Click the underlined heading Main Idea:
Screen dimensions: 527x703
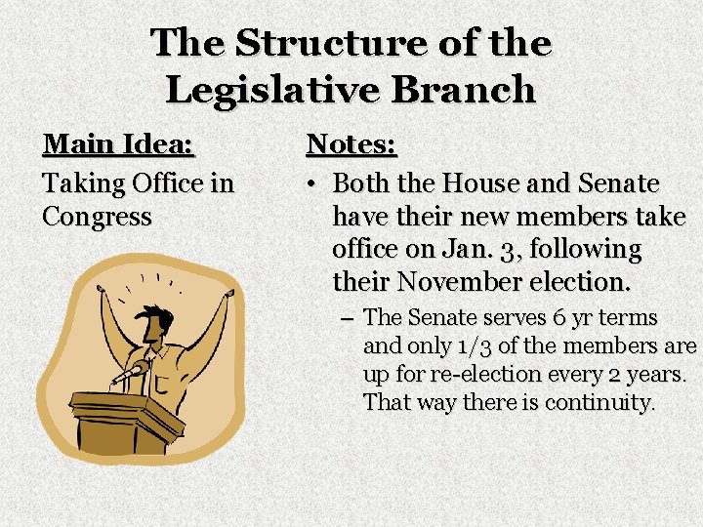point(119,145)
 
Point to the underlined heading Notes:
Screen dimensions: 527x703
point(351,145)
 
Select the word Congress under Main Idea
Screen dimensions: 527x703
point(97,216)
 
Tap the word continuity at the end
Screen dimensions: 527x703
point(601,401)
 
